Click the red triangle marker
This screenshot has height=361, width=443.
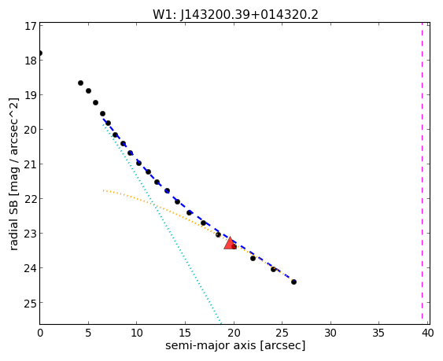click(230, 244)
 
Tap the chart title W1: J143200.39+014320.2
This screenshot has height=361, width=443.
click(235, 14)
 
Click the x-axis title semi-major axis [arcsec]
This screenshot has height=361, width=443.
click(235, 345)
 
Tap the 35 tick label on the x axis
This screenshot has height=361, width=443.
click(378, 333)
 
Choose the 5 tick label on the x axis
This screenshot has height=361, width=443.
click(88, 333)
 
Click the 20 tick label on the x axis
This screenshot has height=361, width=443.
click(234, 333)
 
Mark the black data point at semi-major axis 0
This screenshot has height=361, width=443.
click(40, 53)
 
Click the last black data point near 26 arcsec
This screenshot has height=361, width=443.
click(293, 282)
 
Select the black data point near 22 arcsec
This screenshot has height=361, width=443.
click(253, 258)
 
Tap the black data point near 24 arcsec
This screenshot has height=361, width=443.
click(273, 269)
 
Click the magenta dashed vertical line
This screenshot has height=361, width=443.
click(422, 173)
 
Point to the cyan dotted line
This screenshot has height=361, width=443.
click(162, 223)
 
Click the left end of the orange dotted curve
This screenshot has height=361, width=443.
click(103, 190)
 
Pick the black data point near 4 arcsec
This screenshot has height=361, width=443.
click(80, 83)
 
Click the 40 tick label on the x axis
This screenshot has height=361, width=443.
click(428, 333)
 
